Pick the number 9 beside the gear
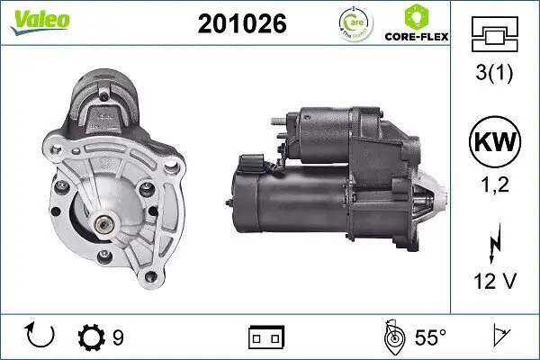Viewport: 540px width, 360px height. (118, 337)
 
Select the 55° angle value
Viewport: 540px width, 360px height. (431, 337)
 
